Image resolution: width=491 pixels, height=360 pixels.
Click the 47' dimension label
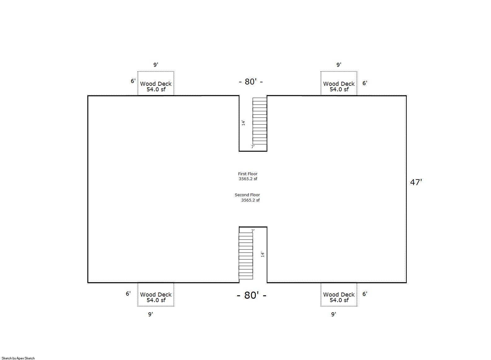tap(416, 182)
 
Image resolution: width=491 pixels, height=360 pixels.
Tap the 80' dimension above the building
tap(251, 82)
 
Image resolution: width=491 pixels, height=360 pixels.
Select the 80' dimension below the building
tap(252, 295)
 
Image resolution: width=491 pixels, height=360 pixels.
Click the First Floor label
tap(248, 174)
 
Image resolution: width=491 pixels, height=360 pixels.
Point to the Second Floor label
tap(247, 195)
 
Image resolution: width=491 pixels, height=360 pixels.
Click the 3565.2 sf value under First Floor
tap(248, 179)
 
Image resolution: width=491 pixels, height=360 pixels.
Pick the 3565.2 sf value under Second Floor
tap(250, 200)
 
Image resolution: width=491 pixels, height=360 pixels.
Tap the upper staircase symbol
tap(260, 121)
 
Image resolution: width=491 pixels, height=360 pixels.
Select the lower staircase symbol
tap(246, 256)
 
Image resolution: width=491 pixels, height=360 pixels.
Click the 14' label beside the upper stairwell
tap(243, 123)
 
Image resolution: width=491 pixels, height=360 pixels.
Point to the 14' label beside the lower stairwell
tap(263, 254)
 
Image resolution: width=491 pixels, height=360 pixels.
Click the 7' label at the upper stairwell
tap(253, 147)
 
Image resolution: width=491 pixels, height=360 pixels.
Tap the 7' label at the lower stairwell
tap(253, 231)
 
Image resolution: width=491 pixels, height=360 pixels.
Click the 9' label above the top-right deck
tap(339, 65)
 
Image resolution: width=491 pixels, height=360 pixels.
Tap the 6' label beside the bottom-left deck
tap(128, 293)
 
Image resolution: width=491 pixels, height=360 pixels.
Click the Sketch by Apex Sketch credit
tap(18, 358)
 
